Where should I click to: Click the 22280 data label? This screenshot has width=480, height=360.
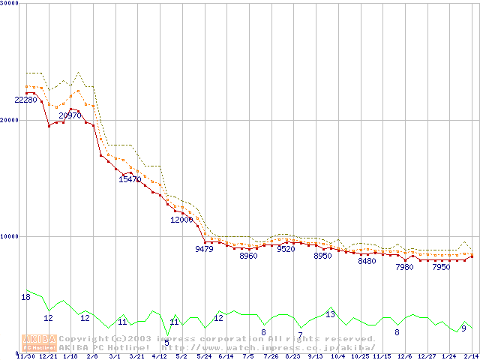25,100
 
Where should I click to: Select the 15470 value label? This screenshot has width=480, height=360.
130,179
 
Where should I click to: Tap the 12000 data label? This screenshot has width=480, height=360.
181,220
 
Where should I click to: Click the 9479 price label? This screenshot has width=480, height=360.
204,249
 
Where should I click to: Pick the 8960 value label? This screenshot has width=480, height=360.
248,256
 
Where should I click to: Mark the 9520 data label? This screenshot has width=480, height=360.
286,249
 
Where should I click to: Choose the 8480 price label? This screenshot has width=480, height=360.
367,261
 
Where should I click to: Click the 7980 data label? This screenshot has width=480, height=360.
404,267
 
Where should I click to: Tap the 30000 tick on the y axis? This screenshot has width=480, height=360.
10,3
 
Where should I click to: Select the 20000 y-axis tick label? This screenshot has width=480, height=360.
10,119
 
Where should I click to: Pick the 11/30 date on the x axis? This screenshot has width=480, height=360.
25,356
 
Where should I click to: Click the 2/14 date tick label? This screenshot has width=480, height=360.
471,356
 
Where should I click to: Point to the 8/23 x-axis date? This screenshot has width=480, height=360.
292,356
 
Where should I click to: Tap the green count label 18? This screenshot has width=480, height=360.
25,298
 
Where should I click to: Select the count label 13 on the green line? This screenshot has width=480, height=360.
330,314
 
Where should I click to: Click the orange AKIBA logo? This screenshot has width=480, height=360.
39,343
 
